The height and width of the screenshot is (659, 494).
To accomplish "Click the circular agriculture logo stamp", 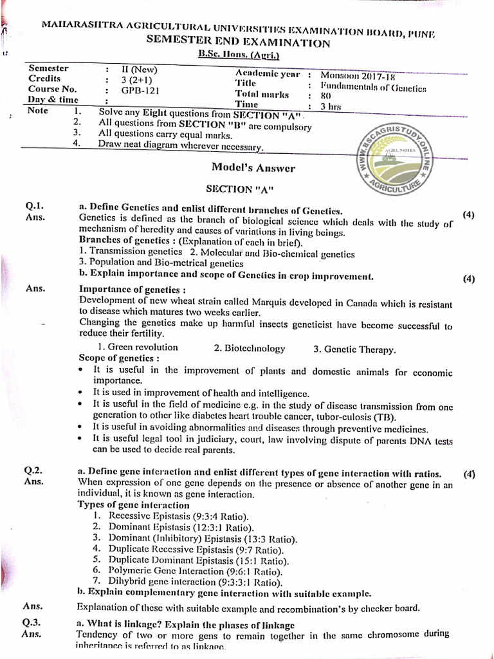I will click(393, 157).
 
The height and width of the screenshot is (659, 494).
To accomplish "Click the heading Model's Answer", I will click(253, 169).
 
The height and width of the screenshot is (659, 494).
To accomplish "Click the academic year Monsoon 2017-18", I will click(358, 75).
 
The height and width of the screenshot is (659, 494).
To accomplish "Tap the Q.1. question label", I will click(33, 207).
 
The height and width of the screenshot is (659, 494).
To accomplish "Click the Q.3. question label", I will click(32, 623).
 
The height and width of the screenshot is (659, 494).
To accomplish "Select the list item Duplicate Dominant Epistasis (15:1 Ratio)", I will click(189, 559).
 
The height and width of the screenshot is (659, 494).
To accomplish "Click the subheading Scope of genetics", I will click(118, 358).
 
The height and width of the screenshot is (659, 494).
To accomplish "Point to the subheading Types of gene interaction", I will click(133, 505).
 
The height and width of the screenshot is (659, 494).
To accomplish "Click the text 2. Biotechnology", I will click(250, 348).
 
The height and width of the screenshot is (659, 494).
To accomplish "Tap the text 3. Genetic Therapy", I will click(354, 349).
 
